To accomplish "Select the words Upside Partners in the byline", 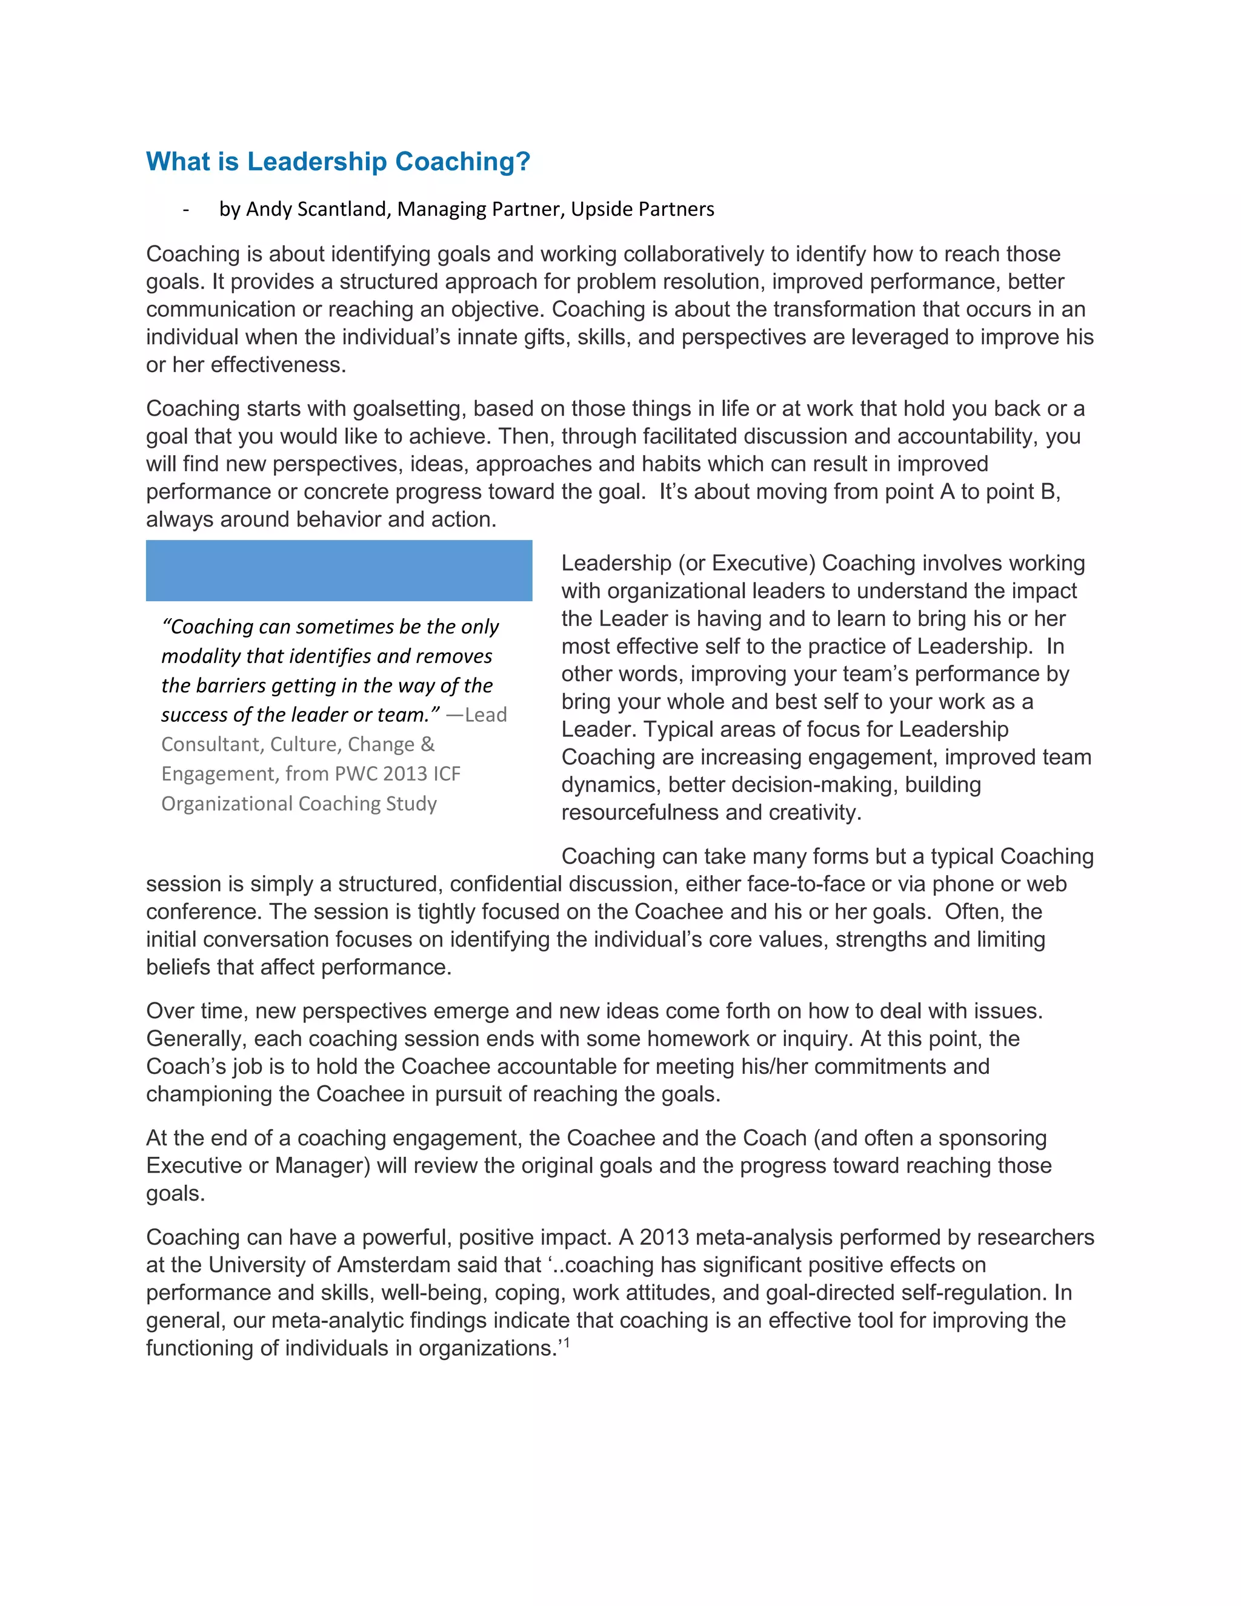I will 642,209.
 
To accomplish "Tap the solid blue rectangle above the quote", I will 339,571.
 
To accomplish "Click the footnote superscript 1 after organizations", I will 566,1343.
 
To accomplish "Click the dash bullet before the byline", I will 186,210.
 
